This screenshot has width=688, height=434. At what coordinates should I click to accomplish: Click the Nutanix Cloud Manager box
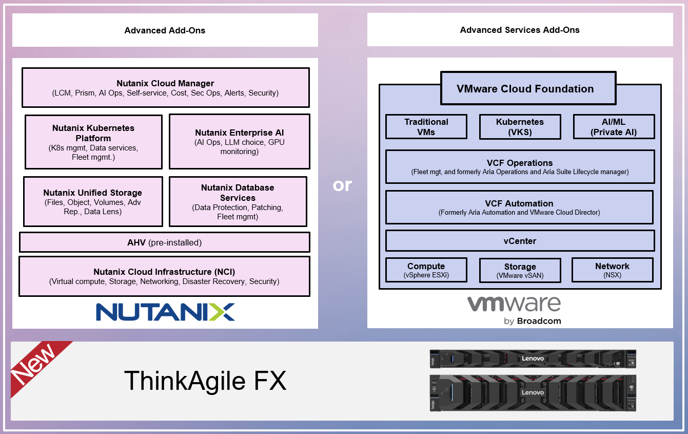[x=165, y=88]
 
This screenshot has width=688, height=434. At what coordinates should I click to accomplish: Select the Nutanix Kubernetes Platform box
[x=93, y=142]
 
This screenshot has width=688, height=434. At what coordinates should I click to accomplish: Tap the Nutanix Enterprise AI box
[x=239, y=142]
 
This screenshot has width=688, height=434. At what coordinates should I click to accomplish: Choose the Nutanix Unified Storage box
[x=93, y=201]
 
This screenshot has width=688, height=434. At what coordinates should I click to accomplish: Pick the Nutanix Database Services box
[x=238, y=201]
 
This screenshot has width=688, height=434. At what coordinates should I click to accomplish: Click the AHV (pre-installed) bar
[x=164, y=242]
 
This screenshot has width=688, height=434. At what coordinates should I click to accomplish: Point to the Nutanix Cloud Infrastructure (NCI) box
[x=164, y=276]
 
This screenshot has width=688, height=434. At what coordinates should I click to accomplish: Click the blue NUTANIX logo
[x=165, y=312]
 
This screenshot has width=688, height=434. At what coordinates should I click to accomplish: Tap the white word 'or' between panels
[x=342, y=184]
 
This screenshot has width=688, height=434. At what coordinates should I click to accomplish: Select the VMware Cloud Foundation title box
[x=525, y=89]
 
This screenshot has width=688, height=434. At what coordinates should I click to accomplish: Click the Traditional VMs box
[x=426, y=127]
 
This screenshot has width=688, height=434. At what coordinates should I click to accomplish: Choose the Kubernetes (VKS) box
[x=520, y=127]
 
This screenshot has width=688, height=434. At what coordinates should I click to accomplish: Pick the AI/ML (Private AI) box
[x=614, y=127]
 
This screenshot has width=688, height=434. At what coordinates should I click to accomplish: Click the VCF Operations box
[x=520, y=166]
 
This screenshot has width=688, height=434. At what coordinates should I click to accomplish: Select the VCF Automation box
[x=519, y=207]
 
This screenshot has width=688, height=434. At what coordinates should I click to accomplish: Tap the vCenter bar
[x=520, y=241]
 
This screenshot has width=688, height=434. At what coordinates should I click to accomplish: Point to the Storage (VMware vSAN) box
[x=520, y=271]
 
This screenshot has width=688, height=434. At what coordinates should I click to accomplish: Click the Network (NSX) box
[x=612, y=270]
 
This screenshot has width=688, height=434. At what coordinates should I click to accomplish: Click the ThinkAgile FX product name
[x=205, y=381]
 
